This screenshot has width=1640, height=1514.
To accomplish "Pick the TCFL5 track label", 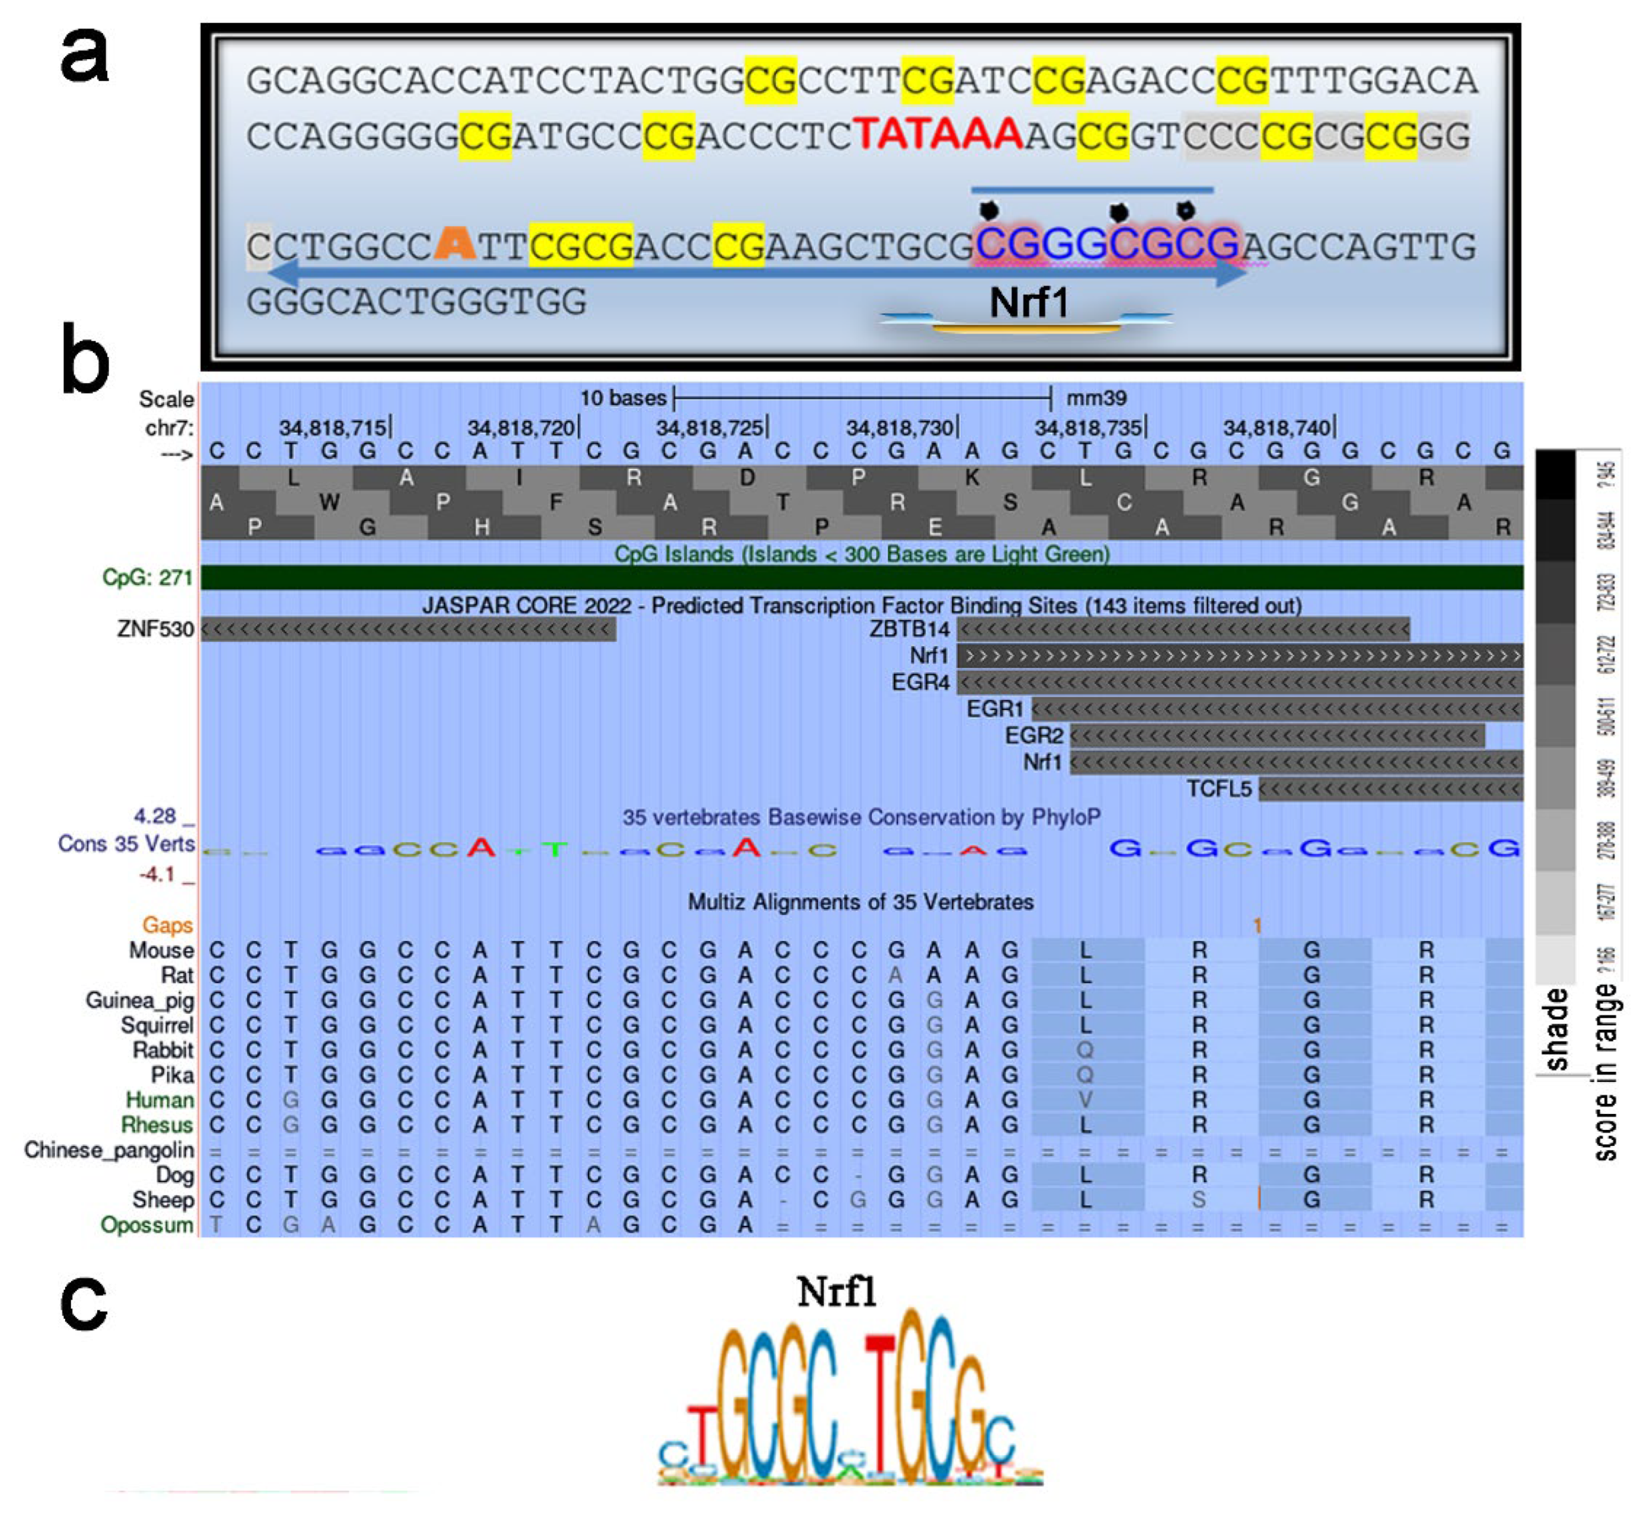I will [x=1219, y=789].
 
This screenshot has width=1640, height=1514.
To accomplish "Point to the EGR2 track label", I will [x=1033, y=736].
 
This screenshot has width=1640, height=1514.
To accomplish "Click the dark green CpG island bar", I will [x=861, y=577].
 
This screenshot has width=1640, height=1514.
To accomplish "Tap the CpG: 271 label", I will [x=148, y=577].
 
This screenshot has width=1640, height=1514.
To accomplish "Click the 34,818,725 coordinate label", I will [x=710, y=427].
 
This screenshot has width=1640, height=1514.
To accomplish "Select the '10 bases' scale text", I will [x=623, y=398].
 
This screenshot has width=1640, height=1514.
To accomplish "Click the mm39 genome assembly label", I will [x=1096, y=398].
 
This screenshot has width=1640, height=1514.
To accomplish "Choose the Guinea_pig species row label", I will [x=139, y=1000].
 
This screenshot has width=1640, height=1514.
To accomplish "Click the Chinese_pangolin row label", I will [x=109, y=1150].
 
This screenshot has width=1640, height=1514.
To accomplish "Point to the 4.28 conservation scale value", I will [x=156, y=816].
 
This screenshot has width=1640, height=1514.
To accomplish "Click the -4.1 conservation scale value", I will [x=157, y=874].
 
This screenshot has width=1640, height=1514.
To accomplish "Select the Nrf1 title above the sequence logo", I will [x=836, y=1293].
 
